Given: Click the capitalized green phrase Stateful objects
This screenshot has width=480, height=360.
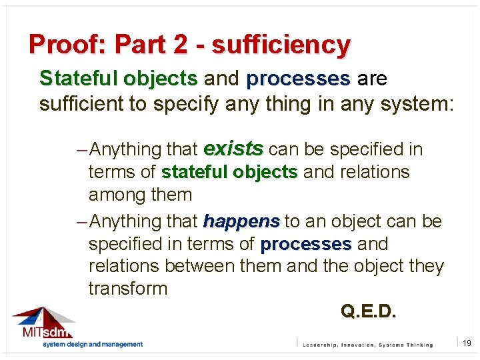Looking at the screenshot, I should [118, 79].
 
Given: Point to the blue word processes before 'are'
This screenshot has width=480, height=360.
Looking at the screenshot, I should [298, 79].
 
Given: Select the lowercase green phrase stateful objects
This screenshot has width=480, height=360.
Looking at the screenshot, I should [229, 172].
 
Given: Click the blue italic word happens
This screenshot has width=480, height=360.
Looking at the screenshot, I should [241, 221].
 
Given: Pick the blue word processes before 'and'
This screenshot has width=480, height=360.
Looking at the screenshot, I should [305, 244].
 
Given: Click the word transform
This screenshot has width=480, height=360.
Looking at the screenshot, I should [128, 289].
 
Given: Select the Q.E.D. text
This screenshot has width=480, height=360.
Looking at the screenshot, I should [368, 311].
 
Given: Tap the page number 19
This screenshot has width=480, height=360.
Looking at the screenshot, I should [467, 343].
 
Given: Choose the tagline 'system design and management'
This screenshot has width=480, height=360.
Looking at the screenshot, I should [93, 345].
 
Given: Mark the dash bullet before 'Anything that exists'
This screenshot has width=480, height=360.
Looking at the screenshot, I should [82, 149].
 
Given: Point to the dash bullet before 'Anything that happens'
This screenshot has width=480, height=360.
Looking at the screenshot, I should [82, 221].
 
